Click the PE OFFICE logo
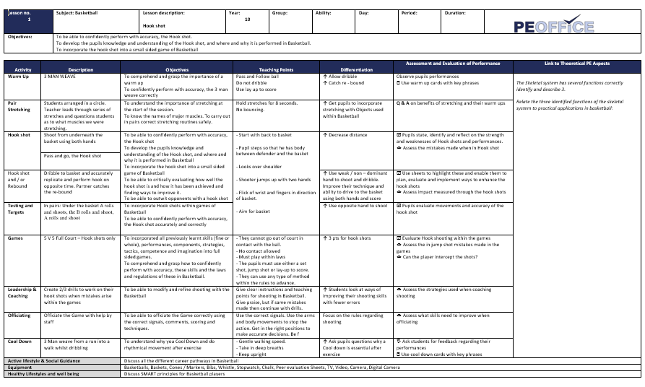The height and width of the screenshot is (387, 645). coord(553,27)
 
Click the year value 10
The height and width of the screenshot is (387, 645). coord(247,19)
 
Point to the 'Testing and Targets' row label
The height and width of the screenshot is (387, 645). coord(20,209)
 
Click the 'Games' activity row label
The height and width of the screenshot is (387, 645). coord(14,237)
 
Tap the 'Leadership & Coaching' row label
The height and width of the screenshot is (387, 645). coord(22,292)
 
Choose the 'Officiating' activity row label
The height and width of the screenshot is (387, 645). coord(20,316)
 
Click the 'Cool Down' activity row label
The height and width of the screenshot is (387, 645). coord(19,341)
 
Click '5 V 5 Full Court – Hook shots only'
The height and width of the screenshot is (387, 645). coord(79,237)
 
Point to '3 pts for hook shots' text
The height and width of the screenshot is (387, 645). coord(353,237)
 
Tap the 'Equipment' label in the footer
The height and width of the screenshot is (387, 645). coord(20,367)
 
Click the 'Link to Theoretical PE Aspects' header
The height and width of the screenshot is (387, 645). coord(576,64)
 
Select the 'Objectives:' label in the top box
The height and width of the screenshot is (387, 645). coord(20,35)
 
